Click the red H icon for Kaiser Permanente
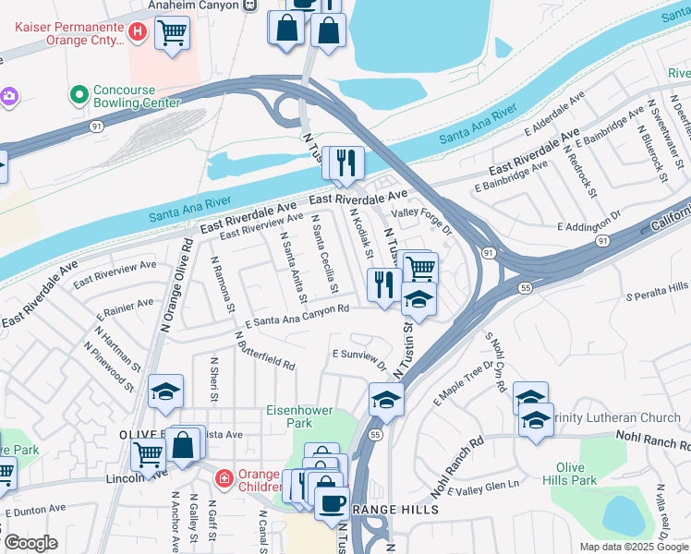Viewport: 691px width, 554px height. (138, 33)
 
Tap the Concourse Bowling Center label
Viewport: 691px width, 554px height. (127, 96)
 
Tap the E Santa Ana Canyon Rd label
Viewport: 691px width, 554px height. (297, 315)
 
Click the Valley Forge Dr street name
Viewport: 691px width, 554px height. (421, 211)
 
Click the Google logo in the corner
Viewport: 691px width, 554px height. (30, 543)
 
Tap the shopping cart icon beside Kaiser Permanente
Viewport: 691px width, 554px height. (172, 33)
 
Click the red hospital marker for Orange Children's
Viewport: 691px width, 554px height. (224, 478)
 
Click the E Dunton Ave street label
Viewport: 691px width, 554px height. (35, 509)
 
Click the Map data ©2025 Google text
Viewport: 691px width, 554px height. (634, 547)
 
